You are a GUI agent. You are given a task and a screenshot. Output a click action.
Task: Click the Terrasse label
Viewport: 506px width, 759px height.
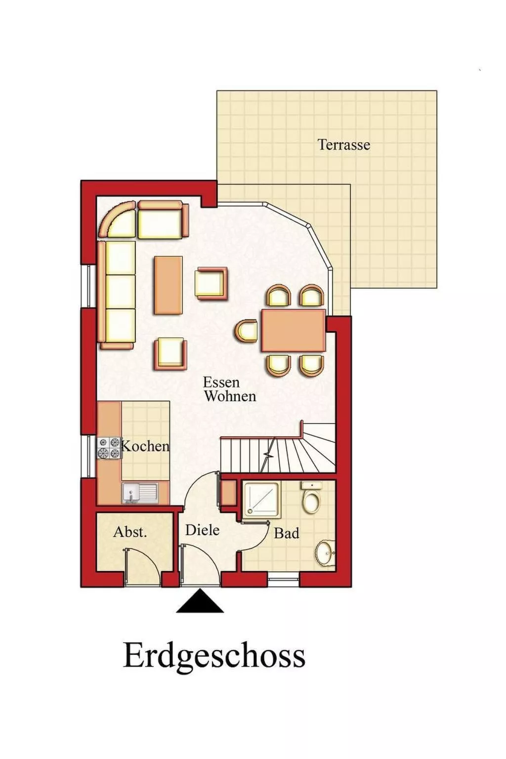pyautogui.click(x=343, y=145)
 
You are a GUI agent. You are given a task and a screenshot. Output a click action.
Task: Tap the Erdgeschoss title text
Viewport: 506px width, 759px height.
pyautogui.click(x=214, y=656)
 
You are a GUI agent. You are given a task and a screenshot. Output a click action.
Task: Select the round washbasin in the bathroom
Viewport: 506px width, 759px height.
pyautogui.click(x=325, y=552)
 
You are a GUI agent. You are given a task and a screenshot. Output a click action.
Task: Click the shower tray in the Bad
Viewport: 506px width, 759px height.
pyautogui.click(x=261, y=499)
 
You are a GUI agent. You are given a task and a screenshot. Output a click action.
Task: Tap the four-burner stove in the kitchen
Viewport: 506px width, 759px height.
pyautogui.click(x=109, y=448)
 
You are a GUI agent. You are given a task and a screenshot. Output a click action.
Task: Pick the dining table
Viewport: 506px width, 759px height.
pyautogui.click(x=293, y=330)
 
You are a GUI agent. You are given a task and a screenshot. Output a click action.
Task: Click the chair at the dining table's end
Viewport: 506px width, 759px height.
pyautogui.click(x=247, y=331)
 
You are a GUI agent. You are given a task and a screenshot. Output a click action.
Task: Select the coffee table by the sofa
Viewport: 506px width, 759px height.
pyautogui.click(x=168, y=285)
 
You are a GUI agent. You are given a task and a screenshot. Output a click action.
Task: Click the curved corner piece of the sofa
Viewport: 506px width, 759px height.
pyautogui.click(x=118, y=219)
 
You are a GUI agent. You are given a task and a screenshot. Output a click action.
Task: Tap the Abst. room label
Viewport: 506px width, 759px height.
pyautogui.click(x=130, y=532)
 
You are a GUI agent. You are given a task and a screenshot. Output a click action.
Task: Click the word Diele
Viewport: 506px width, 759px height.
pyautogui.click(x=202, y=530)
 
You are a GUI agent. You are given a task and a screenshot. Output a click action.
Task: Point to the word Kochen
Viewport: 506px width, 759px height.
pyautogui.click(x=145, y=446)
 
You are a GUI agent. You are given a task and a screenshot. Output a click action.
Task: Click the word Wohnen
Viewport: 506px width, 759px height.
pyautogui.click(x=230, y=396)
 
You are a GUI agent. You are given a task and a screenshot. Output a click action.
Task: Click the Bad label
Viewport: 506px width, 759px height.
pyautogui.click(x=287, y=533)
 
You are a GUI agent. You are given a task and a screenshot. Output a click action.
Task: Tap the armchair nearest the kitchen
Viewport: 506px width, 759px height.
pyautogui.click(x=170, y=353)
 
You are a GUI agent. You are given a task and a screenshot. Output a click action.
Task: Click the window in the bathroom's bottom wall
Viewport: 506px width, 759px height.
pyautogui.click(x=284, y=580)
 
